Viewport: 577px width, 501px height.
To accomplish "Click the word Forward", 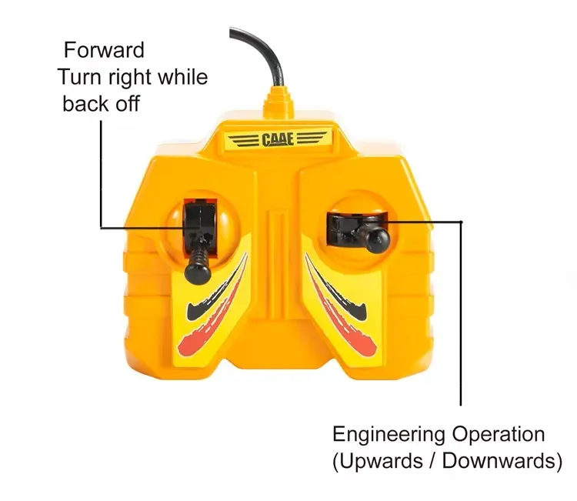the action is pos(104,50).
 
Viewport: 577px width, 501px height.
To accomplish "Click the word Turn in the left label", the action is pos(79,77).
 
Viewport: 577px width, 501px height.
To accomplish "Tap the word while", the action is pos(183,77).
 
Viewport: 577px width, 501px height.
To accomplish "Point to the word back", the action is pos(86,103).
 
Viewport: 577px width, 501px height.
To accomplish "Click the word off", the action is pos(128,103).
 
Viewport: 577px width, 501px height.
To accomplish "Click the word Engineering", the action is pos(389,435).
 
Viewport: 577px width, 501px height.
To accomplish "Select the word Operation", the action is pos(499,434).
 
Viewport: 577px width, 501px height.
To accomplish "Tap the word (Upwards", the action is pos(378,461).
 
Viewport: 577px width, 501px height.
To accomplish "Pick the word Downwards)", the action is pos(502,461).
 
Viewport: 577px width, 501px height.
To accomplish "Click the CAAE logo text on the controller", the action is pos(278,140).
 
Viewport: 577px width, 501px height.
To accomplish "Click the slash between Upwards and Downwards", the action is pos(432,461).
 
